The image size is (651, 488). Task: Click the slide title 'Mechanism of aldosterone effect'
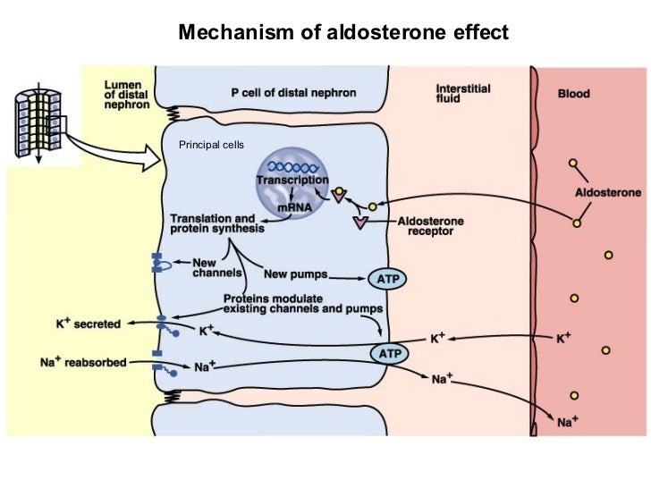point(343,33)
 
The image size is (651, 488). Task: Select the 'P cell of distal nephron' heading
point(294,92)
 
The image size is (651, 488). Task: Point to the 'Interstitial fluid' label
point(464,95)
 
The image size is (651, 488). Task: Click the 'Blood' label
point(573,91)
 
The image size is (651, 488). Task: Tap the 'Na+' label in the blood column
point(567,419)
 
